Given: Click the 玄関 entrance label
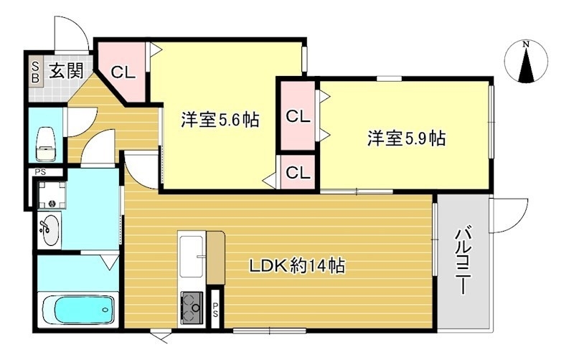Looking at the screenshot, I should (67, 70).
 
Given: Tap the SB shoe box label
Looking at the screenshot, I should (34, 72).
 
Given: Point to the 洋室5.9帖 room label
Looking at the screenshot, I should (407, 138).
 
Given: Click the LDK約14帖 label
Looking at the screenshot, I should (297, 266).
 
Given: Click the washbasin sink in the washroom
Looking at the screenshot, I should (49, 229).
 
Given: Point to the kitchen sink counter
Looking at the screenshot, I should (192, 255).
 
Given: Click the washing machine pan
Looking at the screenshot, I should (51, 194).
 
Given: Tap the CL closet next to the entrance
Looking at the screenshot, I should (122, 72).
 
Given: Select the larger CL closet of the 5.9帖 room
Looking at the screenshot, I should (298, 115).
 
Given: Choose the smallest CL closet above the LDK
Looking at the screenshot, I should (298, 173).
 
